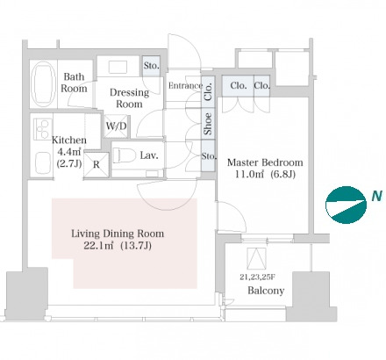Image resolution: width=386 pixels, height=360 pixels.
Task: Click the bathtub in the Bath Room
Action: pos(44,84)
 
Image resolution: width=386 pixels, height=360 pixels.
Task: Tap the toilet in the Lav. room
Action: pos(124,155)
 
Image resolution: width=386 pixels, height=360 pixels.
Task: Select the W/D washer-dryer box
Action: pos(116,126)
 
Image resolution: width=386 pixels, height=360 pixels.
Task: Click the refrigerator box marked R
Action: pos(96,165)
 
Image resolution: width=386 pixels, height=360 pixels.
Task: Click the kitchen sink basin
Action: pos(43,163)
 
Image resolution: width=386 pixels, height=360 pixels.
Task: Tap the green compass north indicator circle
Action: pos(346,205)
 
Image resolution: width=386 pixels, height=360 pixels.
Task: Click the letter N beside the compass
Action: pos(377,196)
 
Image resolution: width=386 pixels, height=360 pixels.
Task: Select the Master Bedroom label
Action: pos(265,162)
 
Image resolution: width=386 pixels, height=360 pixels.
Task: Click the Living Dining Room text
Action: pos(118,234)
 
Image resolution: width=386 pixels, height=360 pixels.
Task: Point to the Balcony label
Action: pos(266,291)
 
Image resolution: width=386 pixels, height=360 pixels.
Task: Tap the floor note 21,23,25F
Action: pos(257,277)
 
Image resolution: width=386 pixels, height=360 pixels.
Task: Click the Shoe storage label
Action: pos(208,124)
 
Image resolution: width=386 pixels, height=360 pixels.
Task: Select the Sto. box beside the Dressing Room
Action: pos(151,66)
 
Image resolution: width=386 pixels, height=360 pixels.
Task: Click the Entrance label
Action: pos(185,85)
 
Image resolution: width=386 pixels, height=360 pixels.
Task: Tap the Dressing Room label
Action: pos(129,98)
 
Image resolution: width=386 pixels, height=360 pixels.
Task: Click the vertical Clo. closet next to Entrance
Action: pos(208,92)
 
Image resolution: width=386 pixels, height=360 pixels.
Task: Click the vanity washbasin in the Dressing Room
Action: pos(118,68)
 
